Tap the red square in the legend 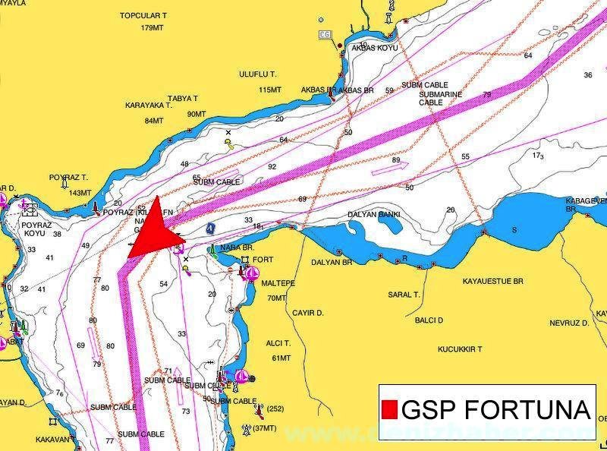[389, 409]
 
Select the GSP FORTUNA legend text [495, 409]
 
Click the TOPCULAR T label [143, 15]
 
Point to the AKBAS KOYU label [374, 48]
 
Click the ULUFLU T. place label [258, 74]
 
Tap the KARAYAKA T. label [149, 106]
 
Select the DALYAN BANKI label [373, 215]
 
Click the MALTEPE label [278, 283]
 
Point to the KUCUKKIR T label [461, 349]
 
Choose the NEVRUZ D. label [569, 323]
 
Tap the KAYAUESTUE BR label [493, 281]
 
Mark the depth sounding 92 [272, 167]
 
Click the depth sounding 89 [396, 160]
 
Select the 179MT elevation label [152, 28]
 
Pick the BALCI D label [429, 320]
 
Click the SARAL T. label [404, 295]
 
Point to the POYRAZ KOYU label [35, 229]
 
